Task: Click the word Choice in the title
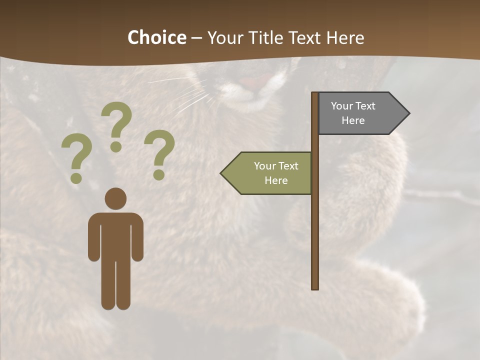pyautogui.click(x=156, y=37)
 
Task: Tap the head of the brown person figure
pyautogui.click(x=115, y=198)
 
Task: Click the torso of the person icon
pyautogui.click(x=115, y=235)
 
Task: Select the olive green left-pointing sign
pyautogui.click(x=267, y=173)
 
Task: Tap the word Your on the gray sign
pyautogui.click(x=341, y=106)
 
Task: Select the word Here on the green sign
pyautogui.click(x=276, y=180)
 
